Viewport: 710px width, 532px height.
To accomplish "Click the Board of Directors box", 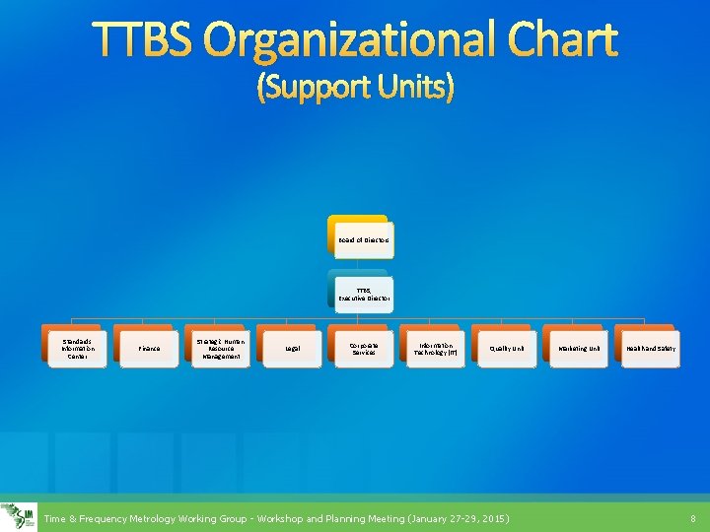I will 362,239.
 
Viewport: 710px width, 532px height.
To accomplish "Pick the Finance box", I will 148,348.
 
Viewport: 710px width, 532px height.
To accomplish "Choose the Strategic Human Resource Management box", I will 220,348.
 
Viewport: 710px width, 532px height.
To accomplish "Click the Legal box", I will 292,348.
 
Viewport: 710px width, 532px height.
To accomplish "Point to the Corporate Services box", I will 363,348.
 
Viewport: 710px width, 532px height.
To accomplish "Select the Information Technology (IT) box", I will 435,348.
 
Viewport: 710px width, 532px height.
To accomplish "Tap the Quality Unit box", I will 506,348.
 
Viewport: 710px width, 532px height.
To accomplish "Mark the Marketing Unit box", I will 578,348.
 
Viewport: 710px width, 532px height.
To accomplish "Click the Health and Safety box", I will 649,348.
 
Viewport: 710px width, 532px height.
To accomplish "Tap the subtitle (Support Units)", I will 355,89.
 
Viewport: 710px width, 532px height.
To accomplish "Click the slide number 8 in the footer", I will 693,518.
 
